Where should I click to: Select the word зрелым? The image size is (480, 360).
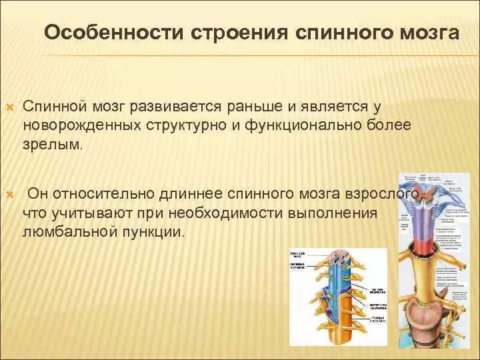[53, 144]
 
